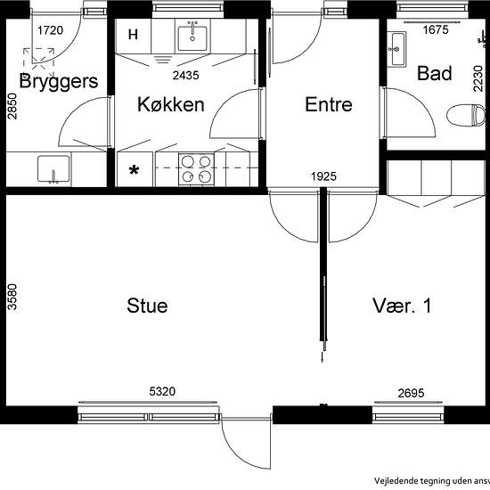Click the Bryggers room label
click(59, 81)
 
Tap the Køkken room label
click(171, 104)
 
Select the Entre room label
click(329, 104)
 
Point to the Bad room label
click(435, 73)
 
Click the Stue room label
click(147, 306)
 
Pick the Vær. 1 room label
click(402, 306)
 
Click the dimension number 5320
click(162, 391)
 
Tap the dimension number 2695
click(411, 393)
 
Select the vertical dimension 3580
click(12, 297)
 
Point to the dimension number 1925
click(323, 176)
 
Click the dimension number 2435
click(185, 76)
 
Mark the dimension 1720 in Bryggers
click(50, 30)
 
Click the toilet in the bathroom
click(466, 116)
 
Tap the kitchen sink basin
click(192, 38)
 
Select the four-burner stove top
click(196, 169)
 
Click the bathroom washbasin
click(396, 49)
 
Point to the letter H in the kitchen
click(133, 35)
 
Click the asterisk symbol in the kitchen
click(134, 170)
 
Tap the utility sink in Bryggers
click(53, 168)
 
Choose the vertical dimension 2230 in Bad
click(478, 78)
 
